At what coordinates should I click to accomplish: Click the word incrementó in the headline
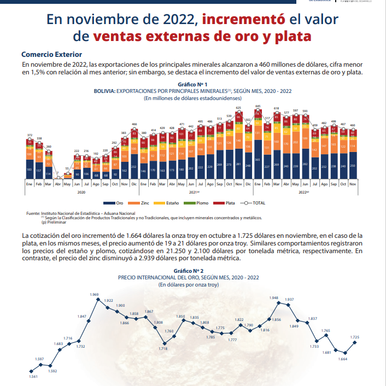(x=243, y=20)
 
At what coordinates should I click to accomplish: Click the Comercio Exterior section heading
(x=51, y=55)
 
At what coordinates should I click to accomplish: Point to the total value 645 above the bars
(x=258, y=106)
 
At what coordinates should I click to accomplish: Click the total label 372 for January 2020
(x=31, y=135)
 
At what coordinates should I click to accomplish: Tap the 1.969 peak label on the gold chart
(x=94, y=295)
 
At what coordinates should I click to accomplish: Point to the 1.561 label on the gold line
(x=33, y=377)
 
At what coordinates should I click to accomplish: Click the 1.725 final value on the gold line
(x=355, y=337)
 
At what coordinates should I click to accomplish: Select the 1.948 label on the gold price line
(x=274, y=297)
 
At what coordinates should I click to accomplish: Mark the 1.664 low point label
(x=343, y=359)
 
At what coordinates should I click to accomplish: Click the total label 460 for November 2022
(x=353, y=125)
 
